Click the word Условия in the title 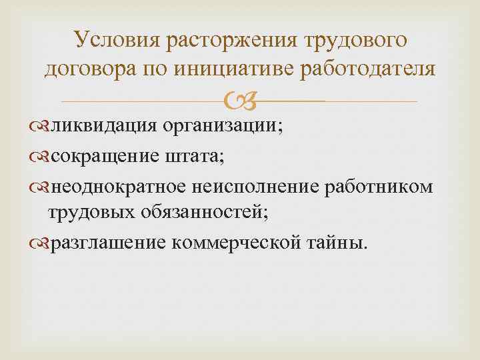click(x=117, y=41)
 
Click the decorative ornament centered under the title click(x=240, y=101)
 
